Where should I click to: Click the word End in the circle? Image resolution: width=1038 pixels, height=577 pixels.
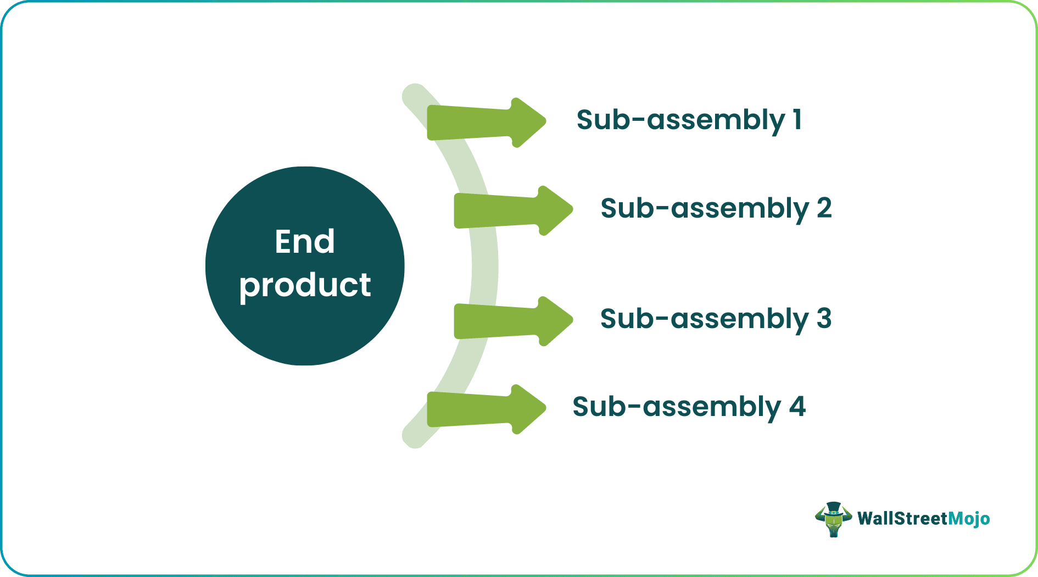(x=305, y=241)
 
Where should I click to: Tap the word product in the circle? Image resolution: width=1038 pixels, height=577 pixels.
(x=305, y=285)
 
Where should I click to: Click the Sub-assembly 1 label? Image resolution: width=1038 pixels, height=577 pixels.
(x=689, y=120)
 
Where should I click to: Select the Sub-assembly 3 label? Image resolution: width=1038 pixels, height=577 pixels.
(x=716, y=319)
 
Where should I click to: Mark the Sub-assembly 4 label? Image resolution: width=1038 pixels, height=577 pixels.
(x=689, y=407)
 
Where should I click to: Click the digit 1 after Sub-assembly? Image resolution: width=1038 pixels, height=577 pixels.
(x=797, y=119)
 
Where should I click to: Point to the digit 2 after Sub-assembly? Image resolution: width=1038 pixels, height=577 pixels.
(x=824, y=208)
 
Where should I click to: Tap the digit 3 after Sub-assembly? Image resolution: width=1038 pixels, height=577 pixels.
(x=824, y=318)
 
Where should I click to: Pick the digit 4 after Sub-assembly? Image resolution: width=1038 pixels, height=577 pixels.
(x=797, y=406)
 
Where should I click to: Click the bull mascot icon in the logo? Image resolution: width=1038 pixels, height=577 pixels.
(x=833, y=519)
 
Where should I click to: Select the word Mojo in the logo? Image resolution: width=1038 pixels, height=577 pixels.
(x=969, y=519)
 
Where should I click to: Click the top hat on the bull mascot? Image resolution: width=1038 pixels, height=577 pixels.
(x=833, y=507)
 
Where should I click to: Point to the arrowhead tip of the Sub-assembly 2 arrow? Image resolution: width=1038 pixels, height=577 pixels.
(x=571, y=209)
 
